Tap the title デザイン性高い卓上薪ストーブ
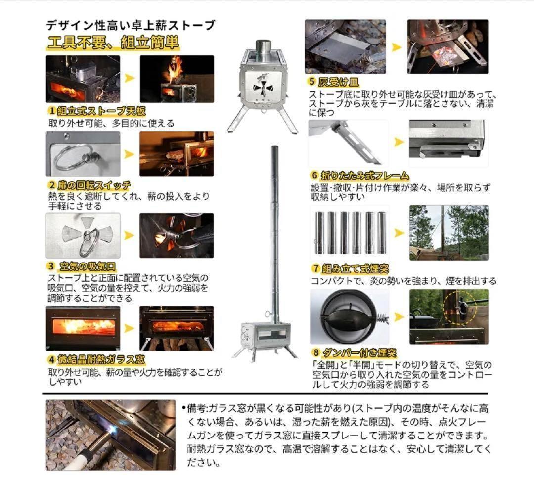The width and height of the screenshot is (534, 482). pos(131,25)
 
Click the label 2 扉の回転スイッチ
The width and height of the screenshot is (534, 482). pos(89,185)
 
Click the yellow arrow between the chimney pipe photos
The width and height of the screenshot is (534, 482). pos(399,232)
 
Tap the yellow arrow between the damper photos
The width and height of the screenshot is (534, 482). pos(399,317)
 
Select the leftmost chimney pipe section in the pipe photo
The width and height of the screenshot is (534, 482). pos(319,232)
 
